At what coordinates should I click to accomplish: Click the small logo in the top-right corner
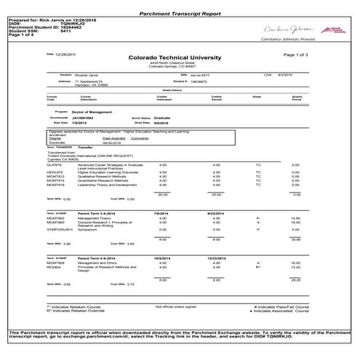(342, 30)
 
